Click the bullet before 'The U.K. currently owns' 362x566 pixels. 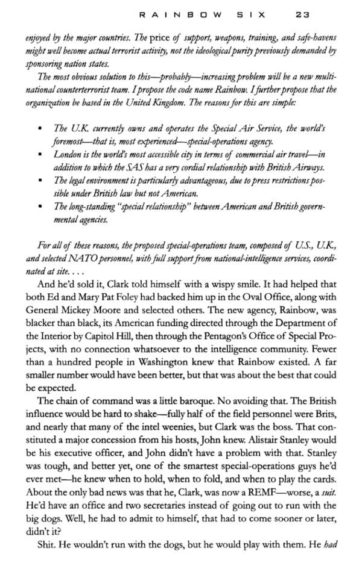(40, 129)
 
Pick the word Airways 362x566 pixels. (308, 167)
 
